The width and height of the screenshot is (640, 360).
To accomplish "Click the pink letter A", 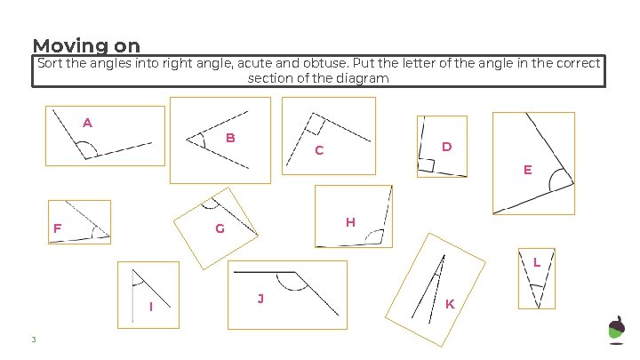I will tap(87, 123).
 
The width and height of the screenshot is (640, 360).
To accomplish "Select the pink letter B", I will tap(229, 138).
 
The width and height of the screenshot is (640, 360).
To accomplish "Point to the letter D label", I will tap(446, 146).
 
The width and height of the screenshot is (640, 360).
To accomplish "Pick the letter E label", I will tap(527, 169).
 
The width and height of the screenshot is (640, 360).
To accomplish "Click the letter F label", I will tap(57, 228).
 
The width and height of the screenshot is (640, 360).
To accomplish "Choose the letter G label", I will tap(220, 229).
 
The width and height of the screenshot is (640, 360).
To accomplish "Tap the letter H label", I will tap(350, 221).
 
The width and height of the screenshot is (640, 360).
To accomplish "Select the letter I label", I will tap(151, 307).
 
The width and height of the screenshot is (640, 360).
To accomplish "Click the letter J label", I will tap(260, 298).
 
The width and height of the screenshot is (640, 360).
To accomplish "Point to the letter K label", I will tap(450, 304).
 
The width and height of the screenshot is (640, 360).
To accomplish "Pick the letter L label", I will tap(537, 261).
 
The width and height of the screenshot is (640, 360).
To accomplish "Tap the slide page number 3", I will tap(33, 340).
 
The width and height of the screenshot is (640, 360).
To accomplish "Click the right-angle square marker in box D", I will tap(426, 165).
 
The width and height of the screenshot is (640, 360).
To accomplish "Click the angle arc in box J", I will tap(288, 282).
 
